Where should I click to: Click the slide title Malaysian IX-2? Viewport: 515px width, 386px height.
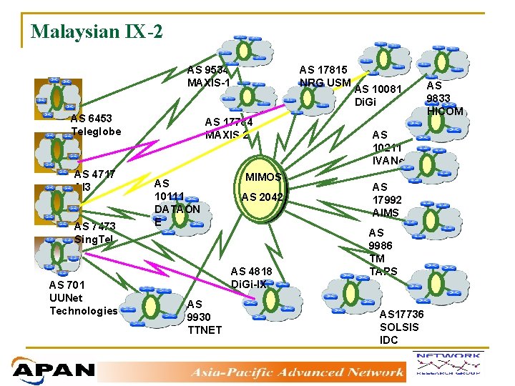click(x=97, y=32)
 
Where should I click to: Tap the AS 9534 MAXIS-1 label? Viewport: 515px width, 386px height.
click(x=208, y=76)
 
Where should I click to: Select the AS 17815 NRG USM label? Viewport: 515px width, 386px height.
click(x=323, y=76)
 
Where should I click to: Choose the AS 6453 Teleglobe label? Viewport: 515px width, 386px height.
click(x=96, y=124)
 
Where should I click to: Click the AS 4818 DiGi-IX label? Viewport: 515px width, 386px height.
click(x=251, y=277)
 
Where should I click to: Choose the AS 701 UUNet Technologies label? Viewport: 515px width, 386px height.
click(x=83, y=298)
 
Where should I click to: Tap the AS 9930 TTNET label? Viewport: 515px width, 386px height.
click(x=204, y=317)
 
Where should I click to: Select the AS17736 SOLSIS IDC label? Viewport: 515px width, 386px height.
click(x=403, y=327)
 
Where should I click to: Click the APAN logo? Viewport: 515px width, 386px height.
click(x=54, y=370)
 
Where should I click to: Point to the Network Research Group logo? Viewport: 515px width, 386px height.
click(x=458, y=365)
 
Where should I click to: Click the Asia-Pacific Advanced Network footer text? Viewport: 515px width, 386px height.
click(x=296, y=372)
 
